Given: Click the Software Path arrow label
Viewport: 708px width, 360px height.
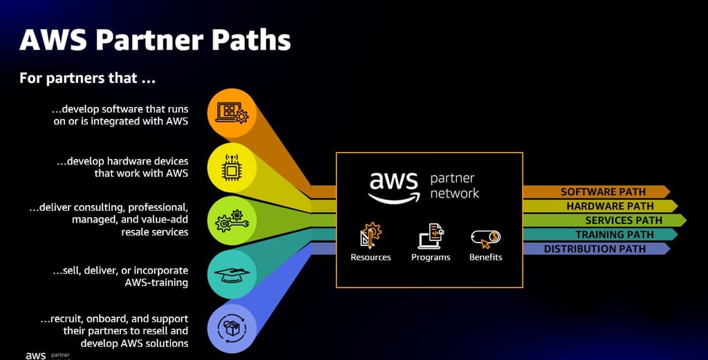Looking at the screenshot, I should point(603,191).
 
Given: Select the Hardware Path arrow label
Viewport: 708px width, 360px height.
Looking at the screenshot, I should point(610,206).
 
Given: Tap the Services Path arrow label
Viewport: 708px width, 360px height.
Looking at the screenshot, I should point(624,220).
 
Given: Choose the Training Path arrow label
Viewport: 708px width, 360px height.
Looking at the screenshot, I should point(614,235).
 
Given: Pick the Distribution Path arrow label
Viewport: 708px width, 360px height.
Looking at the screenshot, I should point(595,249).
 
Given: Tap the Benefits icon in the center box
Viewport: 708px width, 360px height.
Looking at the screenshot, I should point(485,238).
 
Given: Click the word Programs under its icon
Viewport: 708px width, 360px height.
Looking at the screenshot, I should point(431,258).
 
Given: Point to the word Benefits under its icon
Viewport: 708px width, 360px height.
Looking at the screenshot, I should point(485,258).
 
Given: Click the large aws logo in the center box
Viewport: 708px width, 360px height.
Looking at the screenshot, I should point(393,185).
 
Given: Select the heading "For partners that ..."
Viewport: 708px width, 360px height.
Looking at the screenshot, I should point(87,78).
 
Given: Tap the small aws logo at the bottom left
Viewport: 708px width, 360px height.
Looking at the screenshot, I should point(35,356).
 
